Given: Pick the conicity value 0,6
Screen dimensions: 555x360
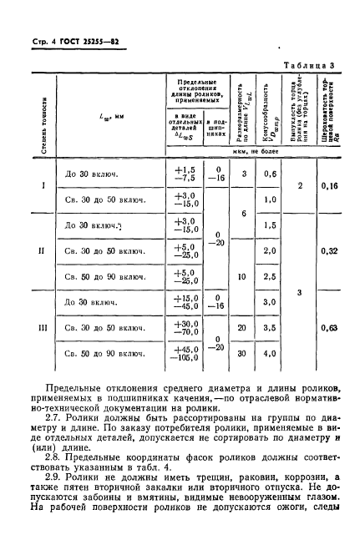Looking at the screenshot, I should point(269,174).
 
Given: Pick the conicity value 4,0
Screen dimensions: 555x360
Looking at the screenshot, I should point(269,354).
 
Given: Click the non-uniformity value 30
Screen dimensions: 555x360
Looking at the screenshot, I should point(241,354).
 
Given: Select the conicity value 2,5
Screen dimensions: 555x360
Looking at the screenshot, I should point(269,275).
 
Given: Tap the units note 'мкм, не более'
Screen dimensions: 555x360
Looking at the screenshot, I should point(256,154).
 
